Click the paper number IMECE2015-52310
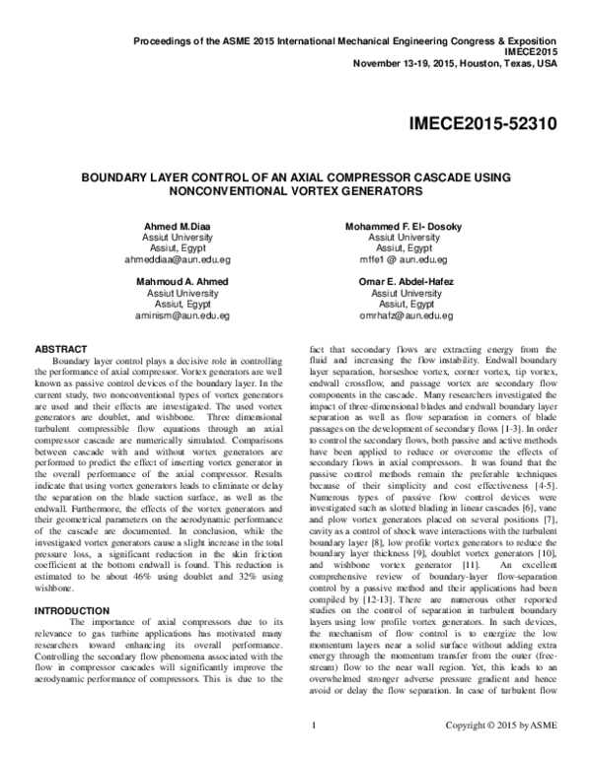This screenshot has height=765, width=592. [481, 125]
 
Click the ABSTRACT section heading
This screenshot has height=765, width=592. [62, 349]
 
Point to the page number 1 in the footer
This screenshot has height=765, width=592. [312, 753]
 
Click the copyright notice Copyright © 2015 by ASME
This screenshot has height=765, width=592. [501, 753]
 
